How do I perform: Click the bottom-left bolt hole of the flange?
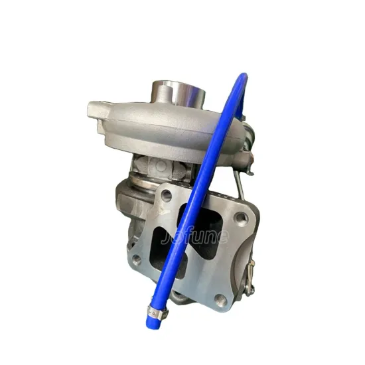pos(136,259)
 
